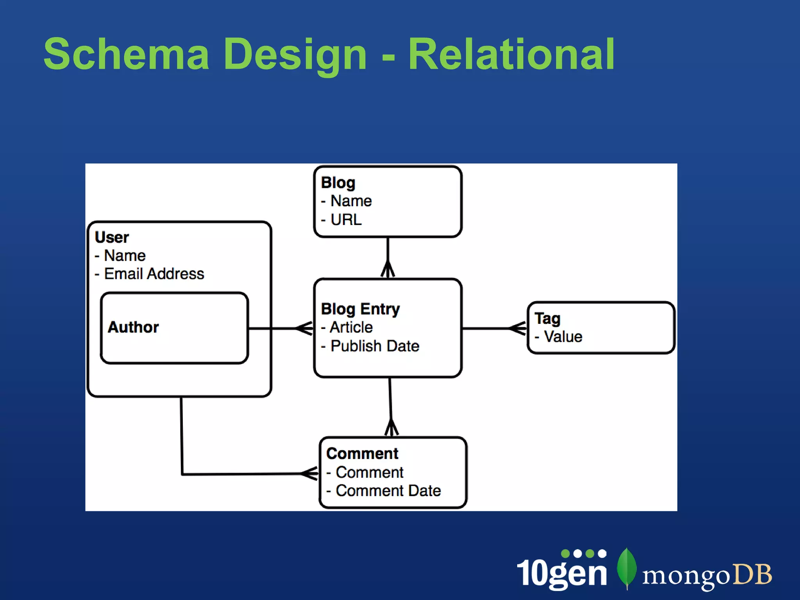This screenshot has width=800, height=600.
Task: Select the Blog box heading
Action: (x=338, y=183)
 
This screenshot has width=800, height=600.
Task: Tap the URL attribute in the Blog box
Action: (x=346, y=220)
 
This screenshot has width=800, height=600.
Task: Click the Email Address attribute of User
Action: (x=154, y=274)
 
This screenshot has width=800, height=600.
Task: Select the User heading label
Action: (x=112, y=237)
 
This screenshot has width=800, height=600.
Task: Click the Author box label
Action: (x=133, y=327)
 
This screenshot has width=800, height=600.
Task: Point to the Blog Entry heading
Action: (x=360, y=309)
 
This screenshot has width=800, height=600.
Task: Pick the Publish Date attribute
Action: (x=374, y=346)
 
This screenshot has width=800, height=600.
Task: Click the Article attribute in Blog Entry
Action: (x=351, y=327)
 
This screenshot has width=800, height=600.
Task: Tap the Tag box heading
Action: (x=547, y=318)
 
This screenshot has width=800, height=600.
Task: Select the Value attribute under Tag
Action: (x=562, y=337)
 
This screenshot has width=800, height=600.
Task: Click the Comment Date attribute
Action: (x=388, y=491)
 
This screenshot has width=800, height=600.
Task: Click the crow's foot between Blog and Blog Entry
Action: (x=388, y=270)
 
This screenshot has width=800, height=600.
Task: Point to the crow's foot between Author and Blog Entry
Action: (x=304, y=328)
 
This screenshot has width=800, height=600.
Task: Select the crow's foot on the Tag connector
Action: (x=518, y=328)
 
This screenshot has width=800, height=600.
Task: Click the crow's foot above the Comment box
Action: (x=391, y=428)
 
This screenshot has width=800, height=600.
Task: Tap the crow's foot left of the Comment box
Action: (x=310, y=473)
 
